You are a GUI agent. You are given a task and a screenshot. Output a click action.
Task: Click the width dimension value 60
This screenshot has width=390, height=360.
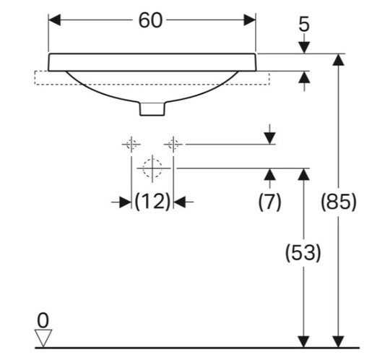(150, 20)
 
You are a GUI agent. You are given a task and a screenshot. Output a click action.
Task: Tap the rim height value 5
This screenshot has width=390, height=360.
(304, 24)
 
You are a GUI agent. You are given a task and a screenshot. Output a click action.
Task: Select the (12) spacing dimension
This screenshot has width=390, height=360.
(152, 202)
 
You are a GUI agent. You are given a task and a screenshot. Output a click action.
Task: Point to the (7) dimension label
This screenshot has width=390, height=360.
(269, 202)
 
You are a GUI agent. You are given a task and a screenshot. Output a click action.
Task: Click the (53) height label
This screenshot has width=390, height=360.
(303, 253)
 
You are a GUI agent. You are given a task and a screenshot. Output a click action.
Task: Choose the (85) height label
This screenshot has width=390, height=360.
(339, 202)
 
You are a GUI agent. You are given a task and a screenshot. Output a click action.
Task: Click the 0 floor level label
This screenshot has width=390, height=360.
(43, 321)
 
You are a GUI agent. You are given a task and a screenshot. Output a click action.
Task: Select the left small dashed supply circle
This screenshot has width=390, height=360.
(131, 144)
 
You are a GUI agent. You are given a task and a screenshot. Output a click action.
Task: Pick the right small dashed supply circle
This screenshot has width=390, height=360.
(173, 144)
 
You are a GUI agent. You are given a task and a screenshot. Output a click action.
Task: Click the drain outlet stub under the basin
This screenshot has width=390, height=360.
(152, 109)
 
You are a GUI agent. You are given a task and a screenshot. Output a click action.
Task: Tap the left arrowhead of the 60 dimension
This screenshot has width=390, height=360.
(54, 20)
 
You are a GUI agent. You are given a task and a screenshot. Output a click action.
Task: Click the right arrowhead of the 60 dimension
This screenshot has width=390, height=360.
(249, 20)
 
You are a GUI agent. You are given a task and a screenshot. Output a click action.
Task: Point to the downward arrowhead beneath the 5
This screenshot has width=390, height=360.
(304, 48)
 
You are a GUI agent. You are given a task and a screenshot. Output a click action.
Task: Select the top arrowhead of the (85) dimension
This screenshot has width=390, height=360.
(338, 60)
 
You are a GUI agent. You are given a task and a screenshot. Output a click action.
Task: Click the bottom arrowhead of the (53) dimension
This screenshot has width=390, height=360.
(303, 342)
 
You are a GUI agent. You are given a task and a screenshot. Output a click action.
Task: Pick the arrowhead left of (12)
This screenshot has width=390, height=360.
(125, 202)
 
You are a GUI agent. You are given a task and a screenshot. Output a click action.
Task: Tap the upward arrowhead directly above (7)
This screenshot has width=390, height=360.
(269, 174)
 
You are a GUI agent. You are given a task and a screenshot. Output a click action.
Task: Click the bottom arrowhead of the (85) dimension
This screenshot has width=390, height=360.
(338, 342)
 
